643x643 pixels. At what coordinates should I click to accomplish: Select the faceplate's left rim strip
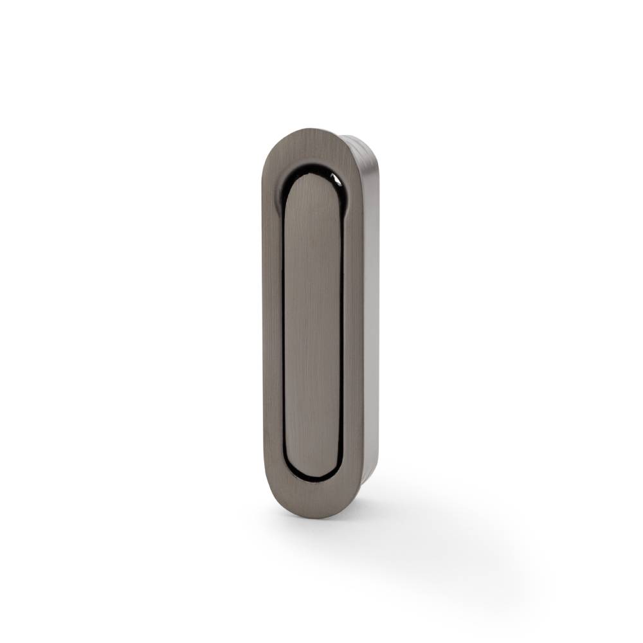click(272, 321)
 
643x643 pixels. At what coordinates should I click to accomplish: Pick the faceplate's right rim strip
click(354, 321)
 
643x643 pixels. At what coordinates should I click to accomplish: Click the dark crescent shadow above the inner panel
click(315, 168)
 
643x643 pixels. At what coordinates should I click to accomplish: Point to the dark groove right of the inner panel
click(341, 321)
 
